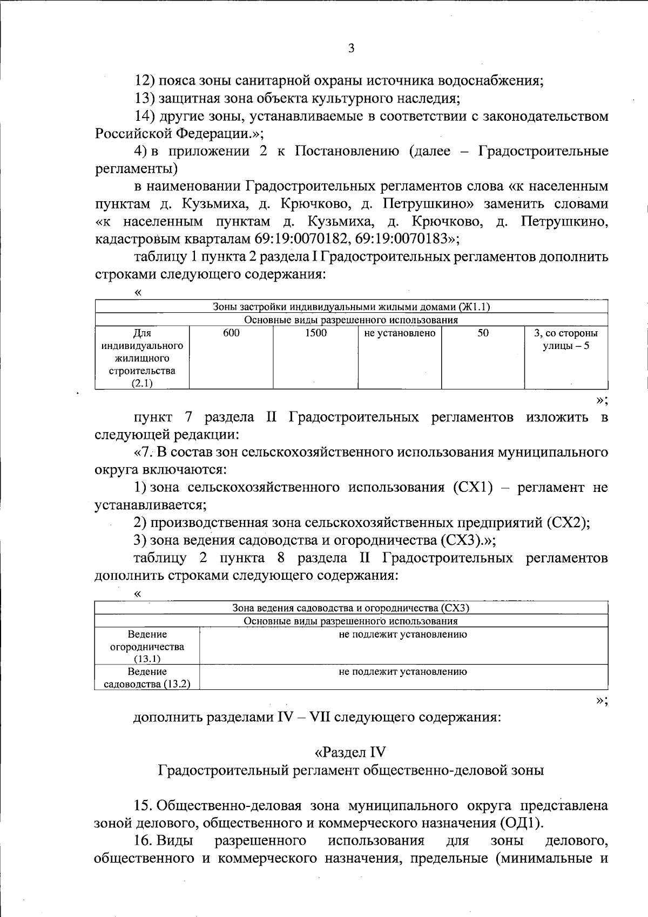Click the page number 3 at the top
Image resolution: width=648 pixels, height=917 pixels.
click(x=351, y=49)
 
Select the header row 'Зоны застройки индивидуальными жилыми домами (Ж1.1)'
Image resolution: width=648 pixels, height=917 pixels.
click(x=351, y=307)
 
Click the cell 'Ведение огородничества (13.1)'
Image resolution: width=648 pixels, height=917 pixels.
click(x=147, y=646)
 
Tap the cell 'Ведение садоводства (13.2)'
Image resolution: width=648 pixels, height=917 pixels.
click(x=147, y=678)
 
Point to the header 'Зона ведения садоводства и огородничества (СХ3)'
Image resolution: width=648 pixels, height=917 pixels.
click(x=351, y=608)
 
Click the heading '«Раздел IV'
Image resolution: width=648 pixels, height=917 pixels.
click(x=350, y=752)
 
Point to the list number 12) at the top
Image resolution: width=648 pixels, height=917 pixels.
click(x=145, y=81)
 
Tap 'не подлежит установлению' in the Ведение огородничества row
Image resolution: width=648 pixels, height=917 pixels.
click(x=403, y=635)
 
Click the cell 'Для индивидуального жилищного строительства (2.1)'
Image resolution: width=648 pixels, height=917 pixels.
click(x=142, y=358)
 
